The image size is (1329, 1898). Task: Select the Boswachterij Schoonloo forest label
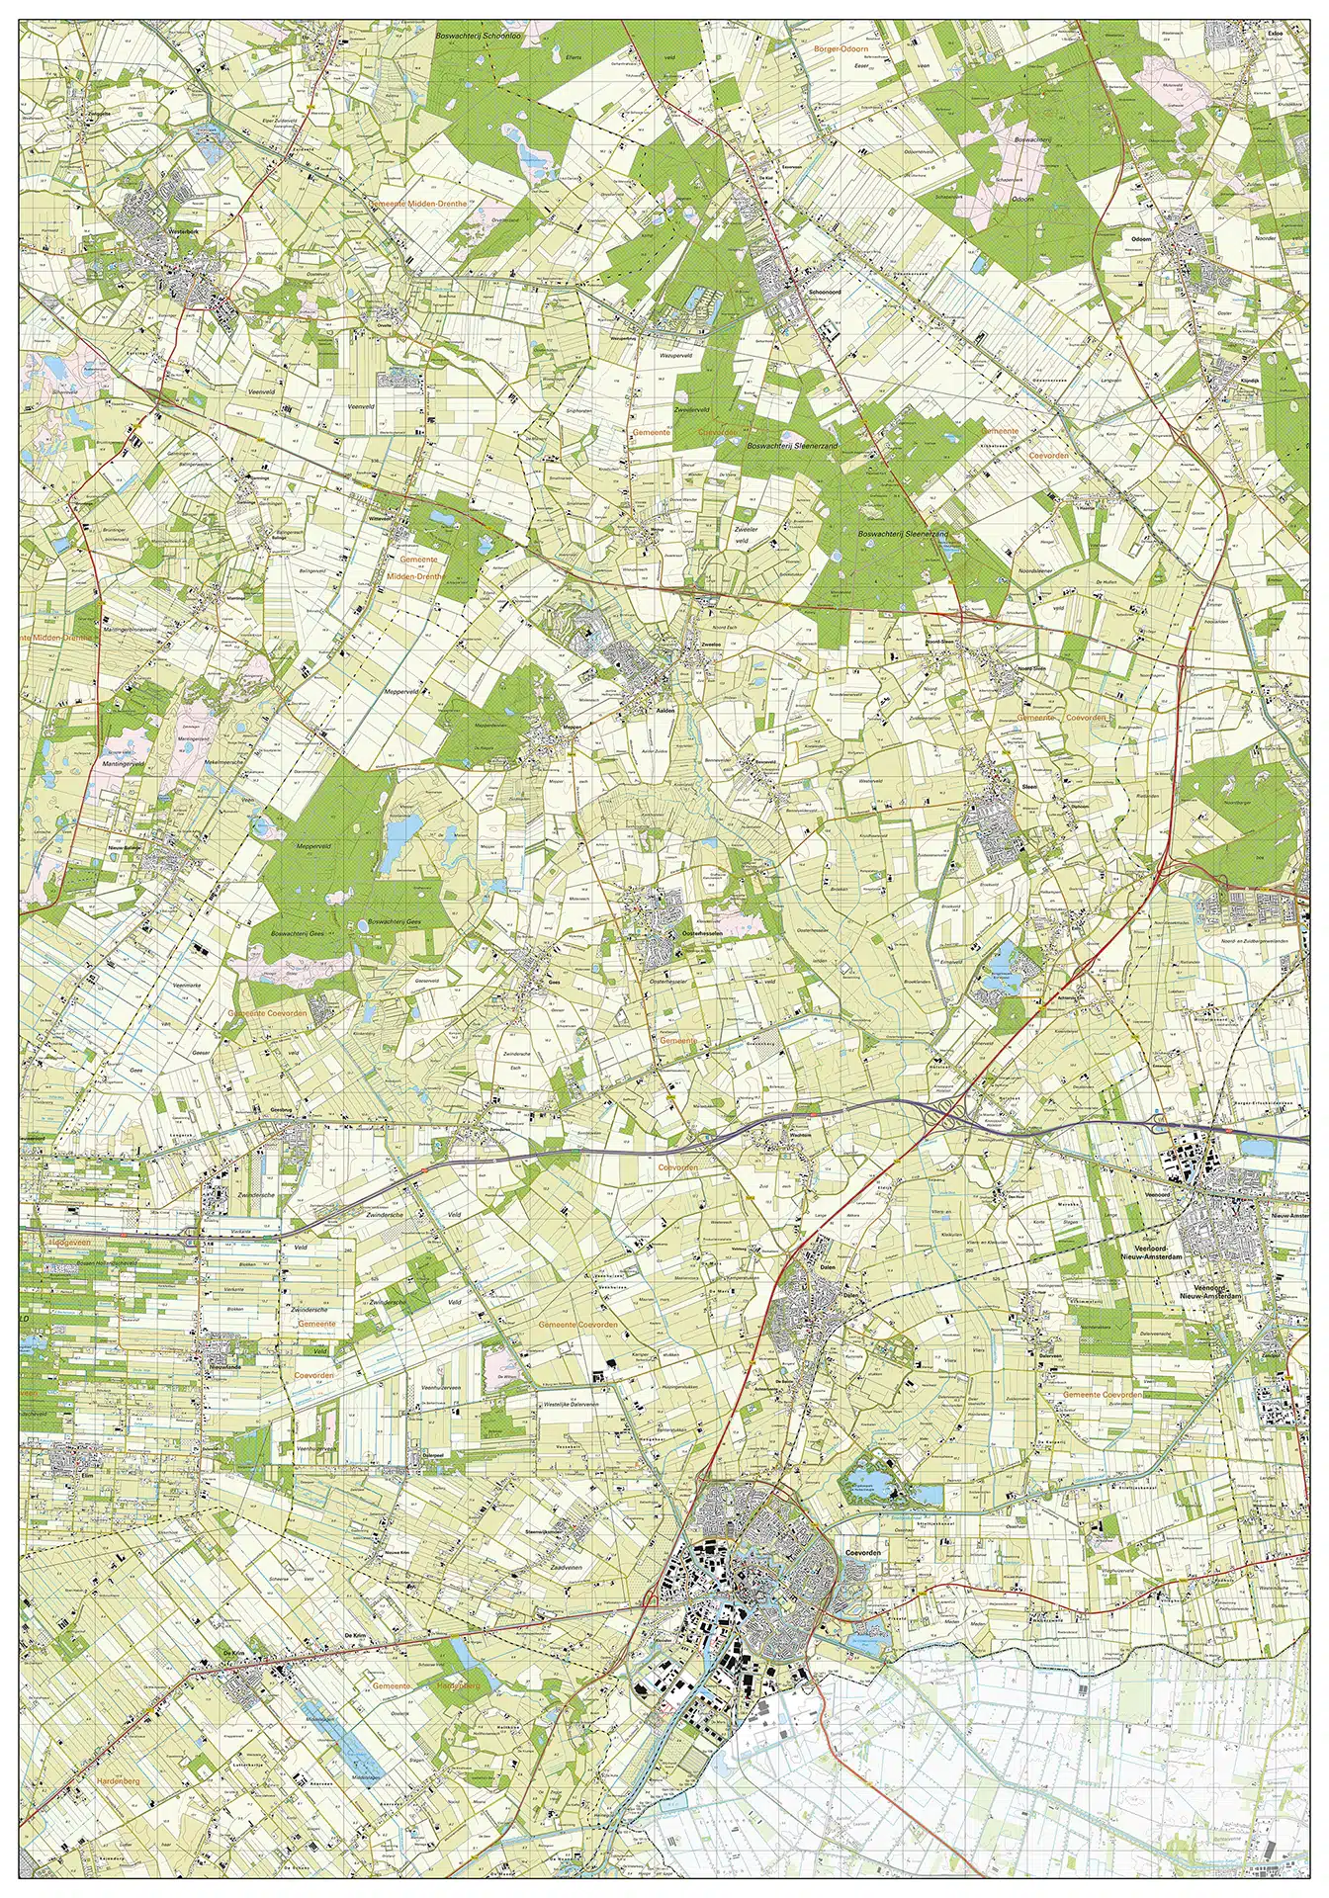point(485,36)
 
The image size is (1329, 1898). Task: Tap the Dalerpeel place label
point(431,1454)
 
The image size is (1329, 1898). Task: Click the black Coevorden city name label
point(863,1553)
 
